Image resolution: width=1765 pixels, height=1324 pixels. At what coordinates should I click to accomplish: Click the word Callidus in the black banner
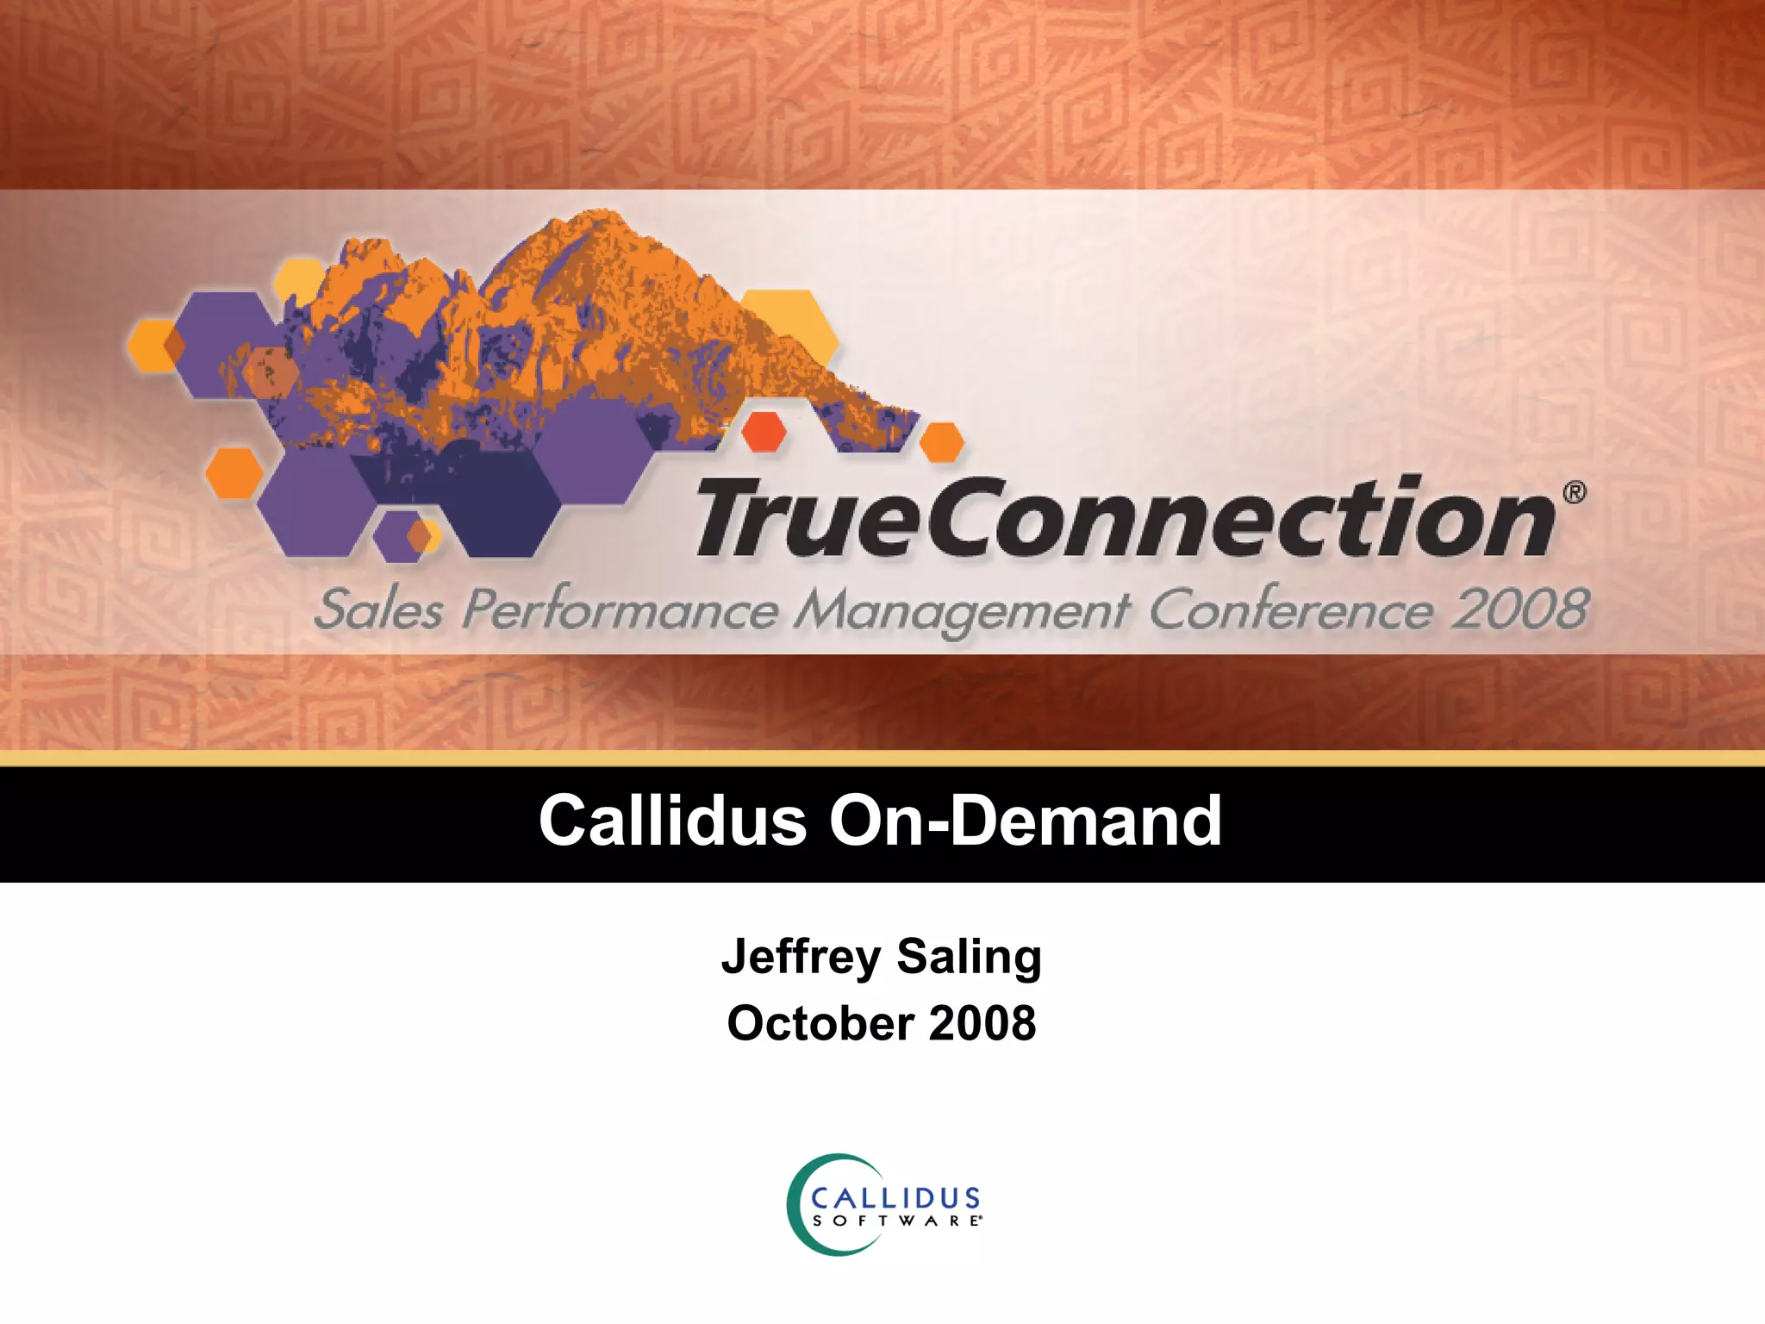tap(672, 821)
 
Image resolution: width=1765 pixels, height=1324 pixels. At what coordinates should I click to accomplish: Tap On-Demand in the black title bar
tap(1026, 821)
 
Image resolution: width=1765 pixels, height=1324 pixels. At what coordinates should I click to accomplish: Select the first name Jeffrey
tap(801, 957)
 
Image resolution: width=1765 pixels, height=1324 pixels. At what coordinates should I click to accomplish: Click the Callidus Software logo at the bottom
tap(884, 1205)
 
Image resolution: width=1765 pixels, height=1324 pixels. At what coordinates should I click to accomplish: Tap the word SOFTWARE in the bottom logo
tap(896, 1221)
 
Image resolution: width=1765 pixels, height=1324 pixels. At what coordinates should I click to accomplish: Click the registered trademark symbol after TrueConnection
tap(1575, 492)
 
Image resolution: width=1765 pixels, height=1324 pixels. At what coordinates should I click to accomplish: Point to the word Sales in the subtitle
tap(378, 610)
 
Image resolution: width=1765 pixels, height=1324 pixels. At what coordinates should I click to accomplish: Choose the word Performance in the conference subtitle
tap(620, 610)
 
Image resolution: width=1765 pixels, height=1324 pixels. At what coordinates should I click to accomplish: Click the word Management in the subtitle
tap(961, 610)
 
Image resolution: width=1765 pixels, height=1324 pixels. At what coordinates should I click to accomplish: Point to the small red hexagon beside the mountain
tap(764, 431)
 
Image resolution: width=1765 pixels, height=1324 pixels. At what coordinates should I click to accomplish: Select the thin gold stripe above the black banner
tap(882, 759)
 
